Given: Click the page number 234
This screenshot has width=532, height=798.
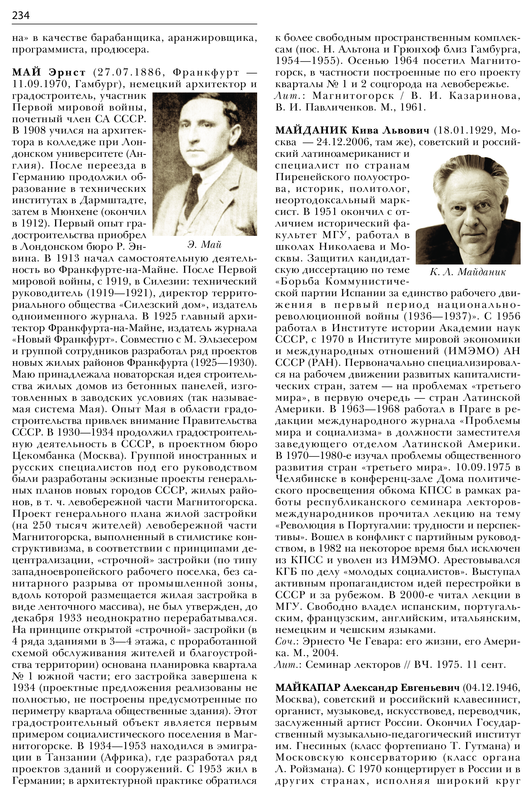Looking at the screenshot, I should click(21, 15).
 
